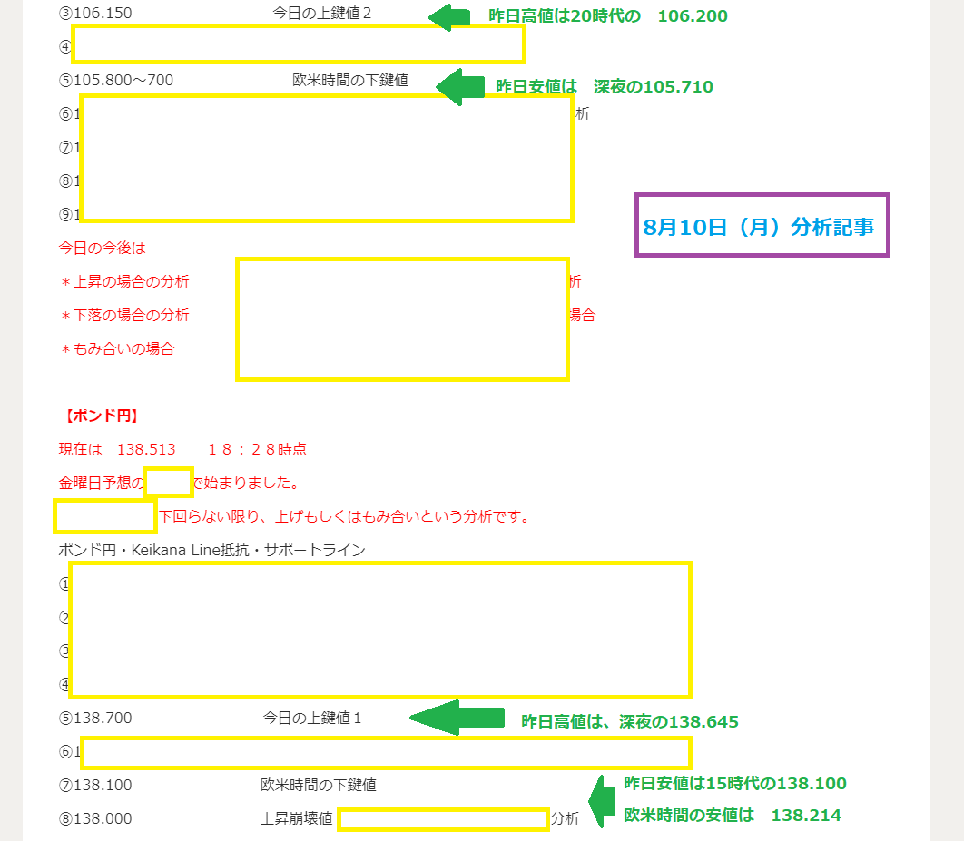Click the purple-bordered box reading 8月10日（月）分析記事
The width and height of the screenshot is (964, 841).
point(762,226)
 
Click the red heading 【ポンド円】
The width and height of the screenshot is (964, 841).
point(100,416)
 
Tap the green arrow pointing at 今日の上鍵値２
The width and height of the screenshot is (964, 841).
point(449,16)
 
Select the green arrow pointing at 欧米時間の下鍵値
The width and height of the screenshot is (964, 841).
point(461,86)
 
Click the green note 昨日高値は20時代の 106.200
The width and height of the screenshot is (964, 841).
point(607,15)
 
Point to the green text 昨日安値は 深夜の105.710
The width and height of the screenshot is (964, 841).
point(604,87)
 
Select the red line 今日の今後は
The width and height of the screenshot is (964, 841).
point(102,247)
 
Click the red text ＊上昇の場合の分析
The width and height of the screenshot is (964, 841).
point(124,281)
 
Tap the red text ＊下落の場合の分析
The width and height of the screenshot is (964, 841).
point(124,315)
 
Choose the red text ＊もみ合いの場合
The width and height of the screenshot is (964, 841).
point(117,348)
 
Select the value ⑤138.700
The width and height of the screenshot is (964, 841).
point(95,718)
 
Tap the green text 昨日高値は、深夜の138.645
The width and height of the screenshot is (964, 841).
point(629,722)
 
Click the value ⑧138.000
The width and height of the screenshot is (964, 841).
point(95,818)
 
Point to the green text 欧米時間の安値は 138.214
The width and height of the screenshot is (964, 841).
point(732,815)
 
